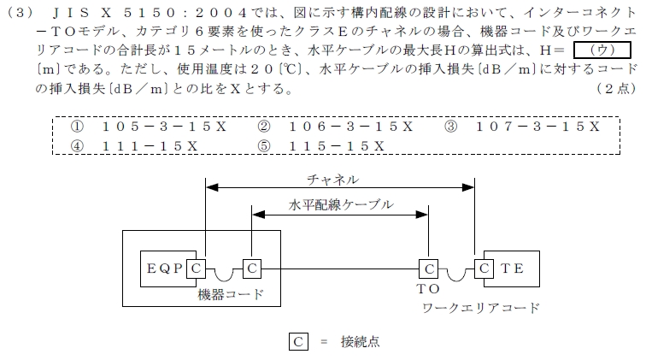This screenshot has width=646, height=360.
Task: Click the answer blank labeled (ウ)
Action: click(602, 50)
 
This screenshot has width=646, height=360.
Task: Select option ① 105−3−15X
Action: click(149, 127)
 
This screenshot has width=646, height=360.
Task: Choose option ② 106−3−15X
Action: click(335, 127)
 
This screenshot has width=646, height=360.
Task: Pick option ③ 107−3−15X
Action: click(522, 127)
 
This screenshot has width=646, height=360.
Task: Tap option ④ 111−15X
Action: click(134, 146)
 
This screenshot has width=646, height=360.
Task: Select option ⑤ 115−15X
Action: click(321, 146)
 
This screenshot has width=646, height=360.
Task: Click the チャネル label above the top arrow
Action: click(333, 180)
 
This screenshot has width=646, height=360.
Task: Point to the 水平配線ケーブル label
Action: click(341, 205)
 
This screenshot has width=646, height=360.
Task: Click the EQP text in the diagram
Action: click(164, 269)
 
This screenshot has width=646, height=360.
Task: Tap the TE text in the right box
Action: click(512, 269)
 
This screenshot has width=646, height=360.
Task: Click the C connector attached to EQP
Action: click(197, 269)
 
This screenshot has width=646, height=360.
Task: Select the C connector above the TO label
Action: click(428, 269)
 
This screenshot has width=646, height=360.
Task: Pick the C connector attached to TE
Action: click(484, 269)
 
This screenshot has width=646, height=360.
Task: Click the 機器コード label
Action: click(231, 294)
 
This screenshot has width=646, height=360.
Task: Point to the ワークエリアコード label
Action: click(481, 308)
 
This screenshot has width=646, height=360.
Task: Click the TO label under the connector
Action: click(428, 289)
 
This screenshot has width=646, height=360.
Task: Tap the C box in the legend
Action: click(298, 341)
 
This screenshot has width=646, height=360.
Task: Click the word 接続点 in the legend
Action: click(360, 342)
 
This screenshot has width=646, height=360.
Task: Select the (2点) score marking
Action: click(617, 89)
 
